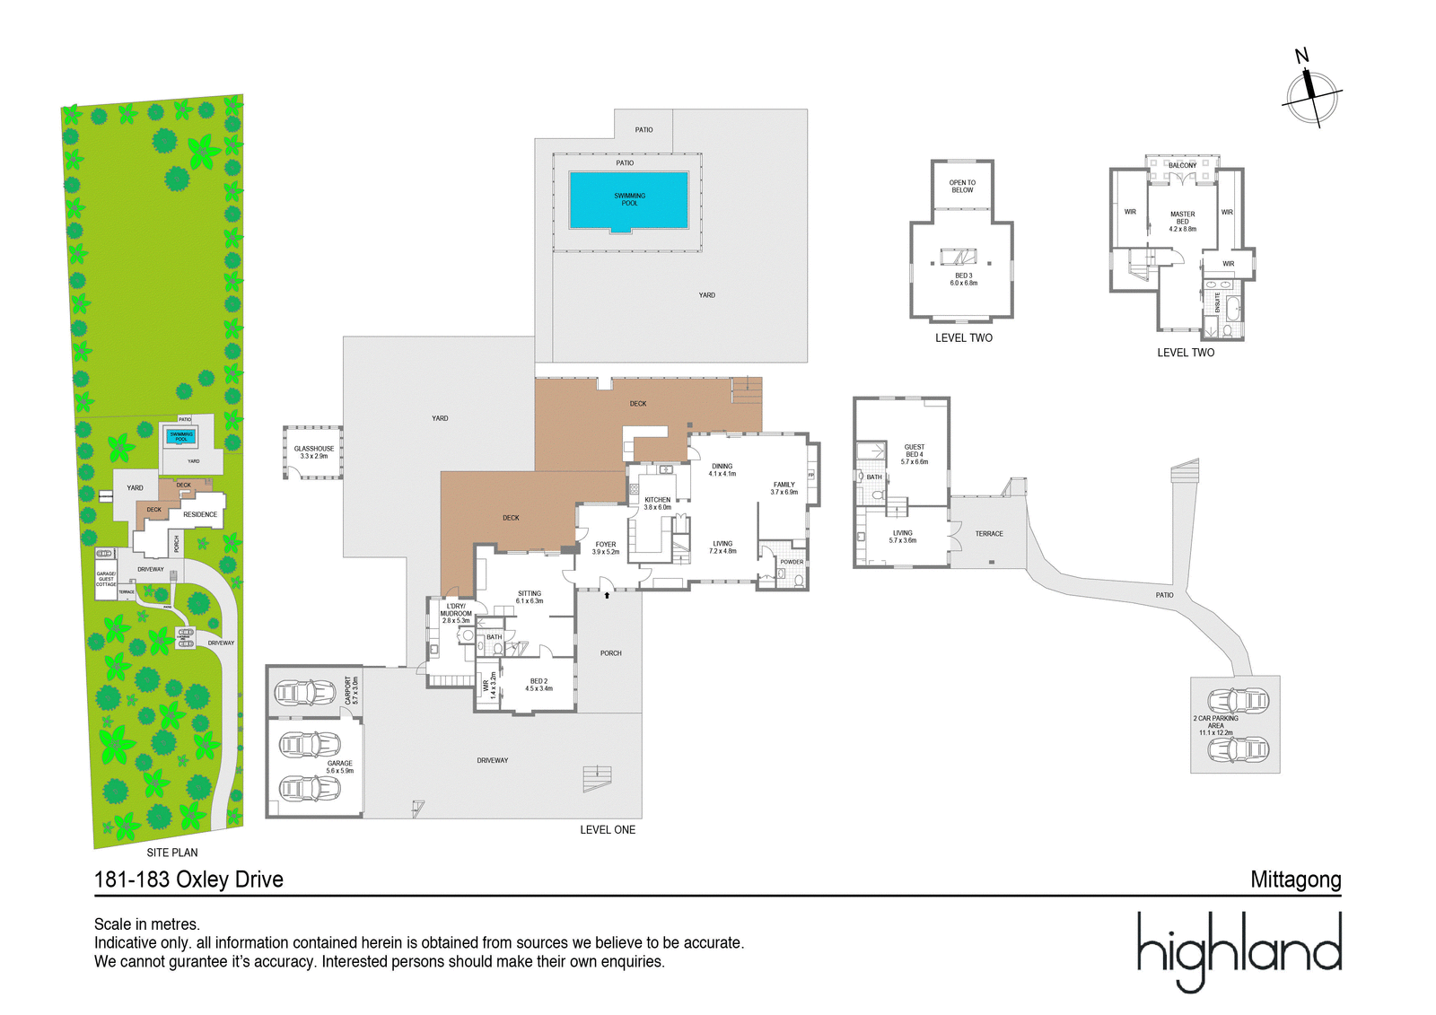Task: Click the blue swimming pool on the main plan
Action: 628,200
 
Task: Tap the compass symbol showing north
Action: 1311,92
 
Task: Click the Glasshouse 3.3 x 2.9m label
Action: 314,452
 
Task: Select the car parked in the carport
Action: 305,693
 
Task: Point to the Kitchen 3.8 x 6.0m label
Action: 657,503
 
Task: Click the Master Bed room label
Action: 1182,222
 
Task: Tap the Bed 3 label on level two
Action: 963,279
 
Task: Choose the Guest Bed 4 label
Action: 914,454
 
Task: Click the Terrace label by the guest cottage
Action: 989,534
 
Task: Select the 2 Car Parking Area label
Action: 1215,725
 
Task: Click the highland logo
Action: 1239,951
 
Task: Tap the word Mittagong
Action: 1295,880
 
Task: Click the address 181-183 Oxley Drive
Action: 188,879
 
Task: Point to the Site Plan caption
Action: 172,853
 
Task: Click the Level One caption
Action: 608,830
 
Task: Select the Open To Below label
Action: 962,187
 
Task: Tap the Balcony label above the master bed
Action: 1182,166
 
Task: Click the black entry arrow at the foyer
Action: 608,594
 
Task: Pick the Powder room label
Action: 792,562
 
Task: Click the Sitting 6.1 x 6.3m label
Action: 530,597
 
